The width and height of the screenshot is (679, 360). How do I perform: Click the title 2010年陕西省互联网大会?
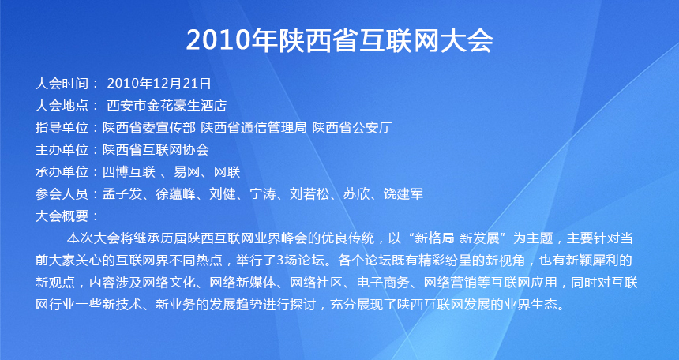[x=339, y=41]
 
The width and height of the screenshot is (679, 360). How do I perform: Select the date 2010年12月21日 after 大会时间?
[x=159, y=83]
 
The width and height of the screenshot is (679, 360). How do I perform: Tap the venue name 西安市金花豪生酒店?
[x=167, y=105]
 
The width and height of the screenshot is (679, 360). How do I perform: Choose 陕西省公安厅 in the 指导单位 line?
[x=352, y=127]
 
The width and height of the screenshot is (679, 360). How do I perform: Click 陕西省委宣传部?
[x=149, y=127]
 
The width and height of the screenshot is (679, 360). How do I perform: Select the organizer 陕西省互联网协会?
[x=156, y=150]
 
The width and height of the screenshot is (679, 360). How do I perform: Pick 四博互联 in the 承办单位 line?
[x=129, y=172]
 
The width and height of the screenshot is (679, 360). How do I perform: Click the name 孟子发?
[x=122, y=194]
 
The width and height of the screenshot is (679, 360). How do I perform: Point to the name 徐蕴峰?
[x=175, y=194]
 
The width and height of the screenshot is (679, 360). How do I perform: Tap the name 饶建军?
[x=403, y=194]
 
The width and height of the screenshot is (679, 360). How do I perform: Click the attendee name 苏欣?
[x=356, y=194]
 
